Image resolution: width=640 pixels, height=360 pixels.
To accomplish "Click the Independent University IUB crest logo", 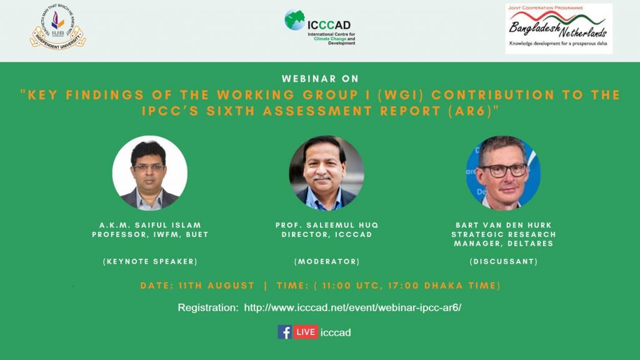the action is pyautogui.click(x=57, y=27).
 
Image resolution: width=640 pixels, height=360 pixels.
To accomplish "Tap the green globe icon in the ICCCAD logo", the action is pyautogui.click(x=295, y=20).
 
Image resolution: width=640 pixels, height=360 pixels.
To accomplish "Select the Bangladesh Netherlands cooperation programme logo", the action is pyautogui.click(x=559, y=29).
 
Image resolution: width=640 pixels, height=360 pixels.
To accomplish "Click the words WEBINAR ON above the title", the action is pyautogui.click(x=321, y=79).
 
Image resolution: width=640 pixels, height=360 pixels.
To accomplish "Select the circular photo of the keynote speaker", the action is pyautogui.click(x=150, y=173).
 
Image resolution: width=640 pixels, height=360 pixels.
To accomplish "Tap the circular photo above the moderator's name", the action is pyautogui.click(x=326, y=173).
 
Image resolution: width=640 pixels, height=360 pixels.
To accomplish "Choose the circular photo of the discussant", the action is pyautogui.click(x=503, y=173).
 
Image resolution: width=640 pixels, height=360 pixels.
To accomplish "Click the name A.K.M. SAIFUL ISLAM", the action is pyautogui.click(x=150, y=225).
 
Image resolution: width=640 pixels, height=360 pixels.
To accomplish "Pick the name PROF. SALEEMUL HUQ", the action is pyautogui.click(x=327, y=225).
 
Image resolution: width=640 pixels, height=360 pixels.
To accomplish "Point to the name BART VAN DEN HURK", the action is pyautogui.click(x=504, y=225).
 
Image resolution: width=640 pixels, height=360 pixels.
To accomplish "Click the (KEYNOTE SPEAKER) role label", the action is pyautogui.click(x=150, y=262).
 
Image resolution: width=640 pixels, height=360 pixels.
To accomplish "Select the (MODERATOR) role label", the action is pyautogui.click(x=327, y=262).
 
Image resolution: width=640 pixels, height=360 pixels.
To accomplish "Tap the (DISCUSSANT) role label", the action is pyautogui.click(x=504, y=262).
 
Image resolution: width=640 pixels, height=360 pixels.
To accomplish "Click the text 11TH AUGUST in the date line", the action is pyautogui.click(x=217, y=286).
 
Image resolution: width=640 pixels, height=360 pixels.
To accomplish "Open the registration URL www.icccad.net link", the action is pyautogui.click(x=352, y=307).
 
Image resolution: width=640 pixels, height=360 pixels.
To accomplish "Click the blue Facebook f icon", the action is pyautogui.click(x=284, y=332).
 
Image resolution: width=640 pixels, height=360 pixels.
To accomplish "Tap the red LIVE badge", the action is pyautogui.click(x=305, y=332).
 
